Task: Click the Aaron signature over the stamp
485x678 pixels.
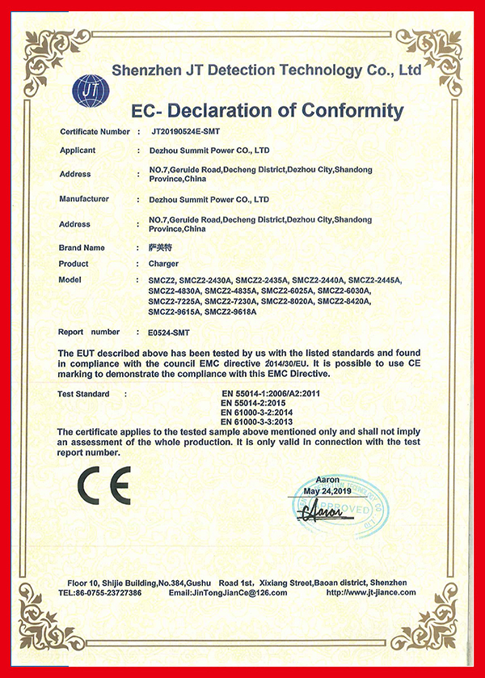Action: pos(320,511)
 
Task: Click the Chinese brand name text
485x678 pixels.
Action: pos(162,248)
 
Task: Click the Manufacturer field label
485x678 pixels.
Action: pos(85,198)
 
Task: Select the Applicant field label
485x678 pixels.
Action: pos(78,150)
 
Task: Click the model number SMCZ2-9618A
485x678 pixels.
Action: pos(230,311)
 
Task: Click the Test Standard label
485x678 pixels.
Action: pos(84,393)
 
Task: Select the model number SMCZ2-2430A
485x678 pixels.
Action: pos(206,280)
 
